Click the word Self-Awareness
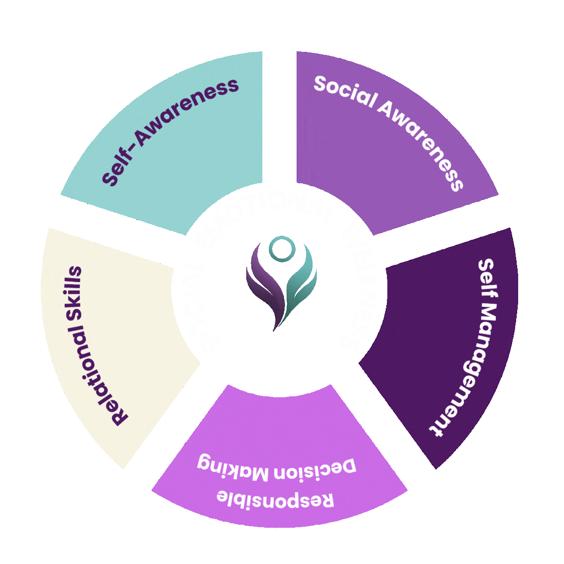click(170, 132)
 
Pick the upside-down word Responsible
click(275, 499)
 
